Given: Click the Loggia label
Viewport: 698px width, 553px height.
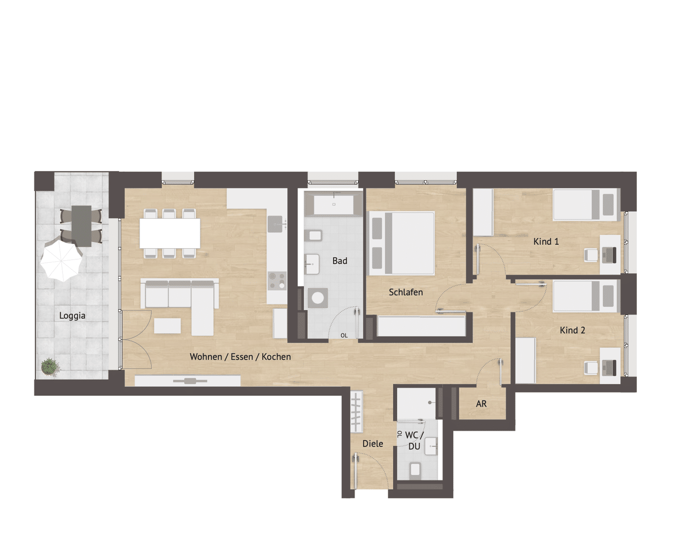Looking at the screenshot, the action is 72,316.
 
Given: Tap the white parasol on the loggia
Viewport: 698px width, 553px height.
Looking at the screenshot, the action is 61,260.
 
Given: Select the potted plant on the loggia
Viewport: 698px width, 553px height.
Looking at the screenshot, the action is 49,367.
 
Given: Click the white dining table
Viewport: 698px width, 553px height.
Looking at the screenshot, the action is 170,233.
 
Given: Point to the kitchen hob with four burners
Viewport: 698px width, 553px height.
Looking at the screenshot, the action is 277,281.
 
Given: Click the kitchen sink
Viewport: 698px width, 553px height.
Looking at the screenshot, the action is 276,224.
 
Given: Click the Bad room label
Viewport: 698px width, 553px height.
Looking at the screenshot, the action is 340,261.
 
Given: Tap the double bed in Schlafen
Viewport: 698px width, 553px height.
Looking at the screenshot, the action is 401,243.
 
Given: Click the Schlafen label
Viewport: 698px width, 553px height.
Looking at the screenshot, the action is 406,292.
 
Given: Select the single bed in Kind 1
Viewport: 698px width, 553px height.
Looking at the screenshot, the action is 585,205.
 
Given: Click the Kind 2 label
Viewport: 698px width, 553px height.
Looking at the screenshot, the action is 572,330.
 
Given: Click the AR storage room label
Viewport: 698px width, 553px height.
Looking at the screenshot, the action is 481,404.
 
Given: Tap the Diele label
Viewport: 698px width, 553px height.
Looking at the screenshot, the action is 373,443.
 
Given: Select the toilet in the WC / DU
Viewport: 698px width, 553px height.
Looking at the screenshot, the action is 415,471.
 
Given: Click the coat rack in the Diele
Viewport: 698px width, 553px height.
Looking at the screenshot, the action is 356,412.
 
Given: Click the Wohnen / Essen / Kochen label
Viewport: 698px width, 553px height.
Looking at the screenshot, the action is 240,357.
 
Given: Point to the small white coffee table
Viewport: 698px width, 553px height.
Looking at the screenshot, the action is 167,326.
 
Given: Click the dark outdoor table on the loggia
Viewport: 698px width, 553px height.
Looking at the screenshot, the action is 81,226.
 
